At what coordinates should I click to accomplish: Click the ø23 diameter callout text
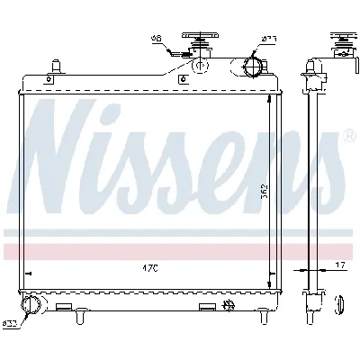[x=267, y=38]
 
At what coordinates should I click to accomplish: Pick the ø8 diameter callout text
[x=156, y=38]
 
